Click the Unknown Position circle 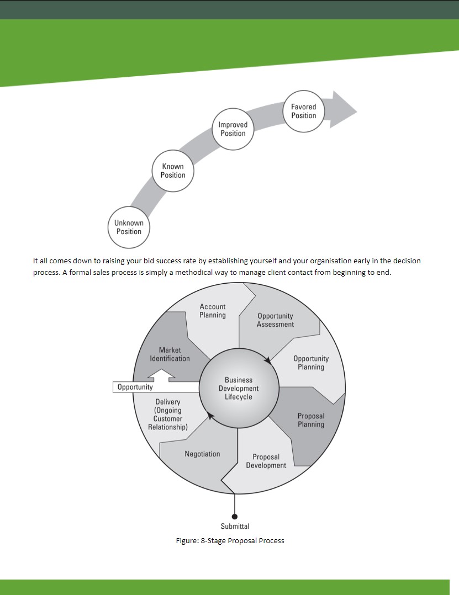(129, 227)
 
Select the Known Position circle (173, 171)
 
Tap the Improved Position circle (233, 129)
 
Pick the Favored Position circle (304, 111)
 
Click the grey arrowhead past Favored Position (342, 110)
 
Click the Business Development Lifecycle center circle (239, 388)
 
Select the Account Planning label (213, 311)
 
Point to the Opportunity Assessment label (275, 320)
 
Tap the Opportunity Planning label (311, 363)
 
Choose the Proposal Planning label (311, 420)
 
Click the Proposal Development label (266, 461)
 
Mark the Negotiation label (202, 454)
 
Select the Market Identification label (170, 354)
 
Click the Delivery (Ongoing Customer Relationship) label (168, 415)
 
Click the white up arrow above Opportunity (161, 375)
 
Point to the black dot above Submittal (235, 517)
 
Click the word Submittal (235, 527)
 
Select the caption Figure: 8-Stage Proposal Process (230, 541)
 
